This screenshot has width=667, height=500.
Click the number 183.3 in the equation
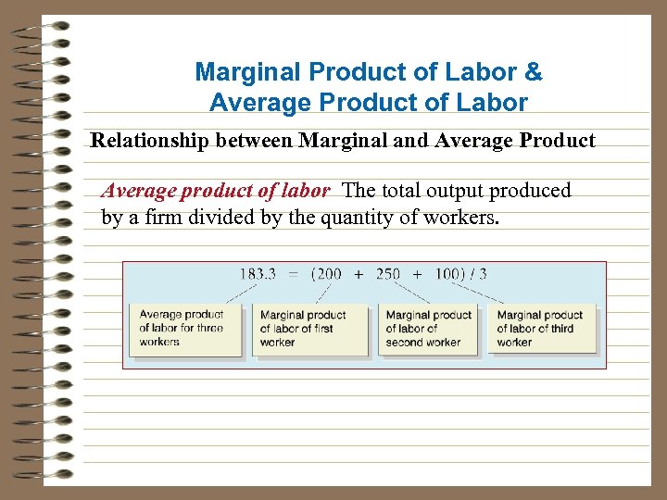point(257,274)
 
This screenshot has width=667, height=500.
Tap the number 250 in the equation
point(388,274)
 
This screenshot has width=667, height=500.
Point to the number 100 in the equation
point(447,274)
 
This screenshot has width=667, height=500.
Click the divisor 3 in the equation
point(483,274)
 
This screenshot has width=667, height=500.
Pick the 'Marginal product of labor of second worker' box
point(428,329)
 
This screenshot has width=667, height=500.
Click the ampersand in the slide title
point(535,71)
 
